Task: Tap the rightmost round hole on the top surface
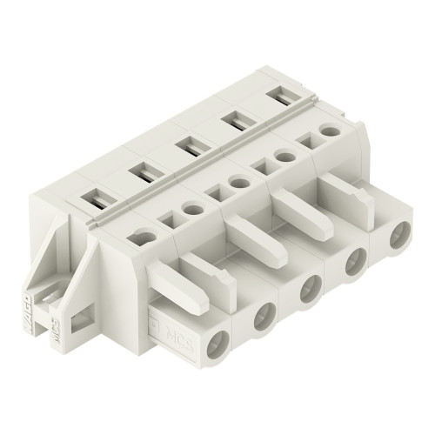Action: click(328, 130)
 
